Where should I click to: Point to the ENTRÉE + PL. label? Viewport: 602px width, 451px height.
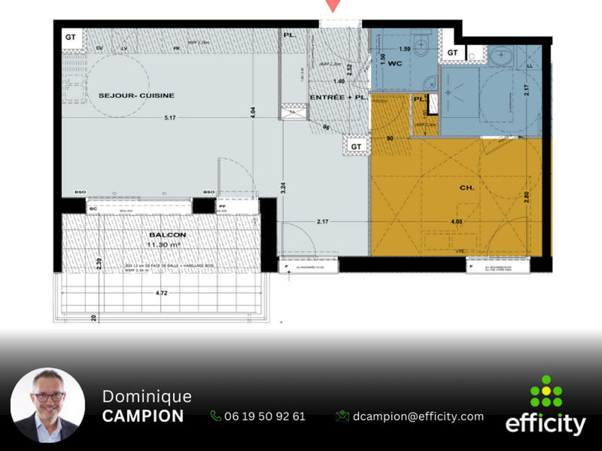(337, 98)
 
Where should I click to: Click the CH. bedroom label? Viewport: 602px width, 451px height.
(467, 188)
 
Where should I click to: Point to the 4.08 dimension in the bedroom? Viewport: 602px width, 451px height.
(457, 222)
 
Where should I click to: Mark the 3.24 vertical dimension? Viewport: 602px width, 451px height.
(284, 188)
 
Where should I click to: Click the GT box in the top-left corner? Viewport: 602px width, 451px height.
(71, 37)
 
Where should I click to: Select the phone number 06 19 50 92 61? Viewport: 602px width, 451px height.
(264, 416)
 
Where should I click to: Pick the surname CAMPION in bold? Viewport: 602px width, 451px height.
(143, 416)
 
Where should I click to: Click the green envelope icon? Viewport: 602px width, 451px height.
(342, 416)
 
